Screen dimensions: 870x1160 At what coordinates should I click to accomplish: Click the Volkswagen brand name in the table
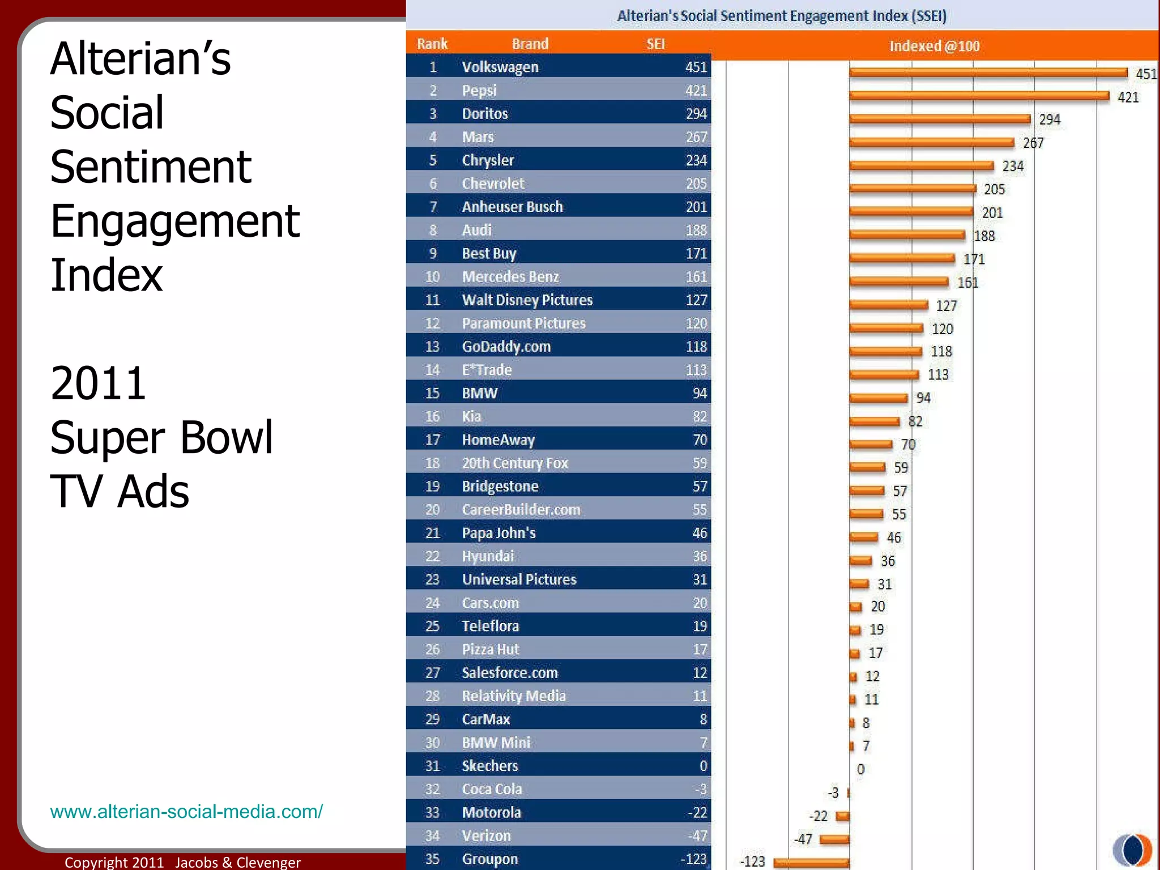pos(500,67)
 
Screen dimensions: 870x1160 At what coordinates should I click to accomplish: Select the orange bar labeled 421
pos(979,96)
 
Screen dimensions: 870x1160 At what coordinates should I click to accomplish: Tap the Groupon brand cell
pos(490,859)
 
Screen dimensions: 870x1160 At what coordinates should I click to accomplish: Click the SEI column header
pos(655,44)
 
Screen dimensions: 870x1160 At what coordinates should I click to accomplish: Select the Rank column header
pos(432,44)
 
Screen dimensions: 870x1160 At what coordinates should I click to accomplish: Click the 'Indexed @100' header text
pos(934,46)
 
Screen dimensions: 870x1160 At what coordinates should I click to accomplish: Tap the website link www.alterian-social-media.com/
pos(186,811)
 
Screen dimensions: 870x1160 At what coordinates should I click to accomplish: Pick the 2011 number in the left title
pos(98,383)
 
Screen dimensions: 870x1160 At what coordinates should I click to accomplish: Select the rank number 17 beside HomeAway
pos(432,440)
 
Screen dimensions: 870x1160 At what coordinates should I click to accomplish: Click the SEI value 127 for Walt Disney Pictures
pos(696,300)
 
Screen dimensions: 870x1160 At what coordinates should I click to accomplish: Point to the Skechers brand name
pos(490,765)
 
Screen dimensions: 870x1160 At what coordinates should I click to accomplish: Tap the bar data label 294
pos(1049,120)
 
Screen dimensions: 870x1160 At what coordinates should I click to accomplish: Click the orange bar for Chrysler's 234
pos(921,165)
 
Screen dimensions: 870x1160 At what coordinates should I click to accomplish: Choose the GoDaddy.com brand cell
pos(506,346)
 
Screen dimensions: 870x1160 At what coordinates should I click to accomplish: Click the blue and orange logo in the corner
pos(1132,850)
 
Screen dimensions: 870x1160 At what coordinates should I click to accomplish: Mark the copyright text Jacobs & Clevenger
pos(238,862)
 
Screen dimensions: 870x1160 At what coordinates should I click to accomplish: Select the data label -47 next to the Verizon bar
pos(803,839)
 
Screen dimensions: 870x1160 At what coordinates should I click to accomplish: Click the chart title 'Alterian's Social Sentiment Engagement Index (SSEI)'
pos(782,15)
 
